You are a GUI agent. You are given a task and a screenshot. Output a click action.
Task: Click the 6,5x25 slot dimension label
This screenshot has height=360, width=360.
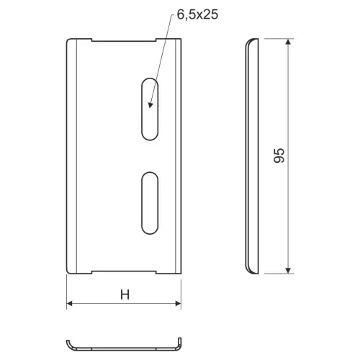coord(197,14)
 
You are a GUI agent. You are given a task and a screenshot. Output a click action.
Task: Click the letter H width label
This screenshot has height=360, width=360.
coord(125,294)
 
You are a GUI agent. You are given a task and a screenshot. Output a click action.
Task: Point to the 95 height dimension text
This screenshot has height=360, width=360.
coord(279,156)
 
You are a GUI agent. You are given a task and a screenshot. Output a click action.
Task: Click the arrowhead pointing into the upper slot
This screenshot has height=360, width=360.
coord(150,105)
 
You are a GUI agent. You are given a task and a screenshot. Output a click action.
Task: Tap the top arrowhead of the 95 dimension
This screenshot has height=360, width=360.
coord(288,42)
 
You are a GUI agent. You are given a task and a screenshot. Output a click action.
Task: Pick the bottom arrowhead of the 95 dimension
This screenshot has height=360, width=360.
coord(288,271)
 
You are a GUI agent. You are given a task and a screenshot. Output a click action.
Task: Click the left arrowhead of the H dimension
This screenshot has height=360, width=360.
coord(70,304)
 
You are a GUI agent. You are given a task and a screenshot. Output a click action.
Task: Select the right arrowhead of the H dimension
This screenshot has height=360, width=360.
coord(178,304)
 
